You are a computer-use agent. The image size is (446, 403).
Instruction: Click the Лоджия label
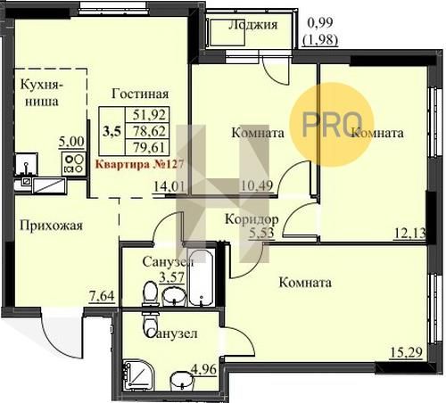[252, 26]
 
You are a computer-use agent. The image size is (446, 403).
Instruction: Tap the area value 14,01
[169, 187]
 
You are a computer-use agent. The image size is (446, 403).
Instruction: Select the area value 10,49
[257, 186]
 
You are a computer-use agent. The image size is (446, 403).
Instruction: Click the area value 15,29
[406, 353]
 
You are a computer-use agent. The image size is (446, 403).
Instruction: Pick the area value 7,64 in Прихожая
[102, 296]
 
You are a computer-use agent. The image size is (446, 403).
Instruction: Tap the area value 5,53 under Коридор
[261, 233]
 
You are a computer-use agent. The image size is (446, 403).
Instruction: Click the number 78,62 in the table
[149, 131]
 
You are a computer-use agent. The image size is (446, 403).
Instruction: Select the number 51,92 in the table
[149, 114]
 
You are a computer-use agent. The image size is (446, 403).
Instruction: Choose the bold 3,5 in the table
[111, 131]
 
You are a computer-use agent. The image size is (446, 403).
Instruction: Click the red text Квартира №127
[140, 164]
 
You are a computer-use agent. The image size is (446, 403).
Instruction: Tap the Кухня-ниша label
[42, 94]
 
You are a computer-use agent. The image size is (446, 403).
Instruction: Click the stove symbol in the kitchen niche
[74, 164]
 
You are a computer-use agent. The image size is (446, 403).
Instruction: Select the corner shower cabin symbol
[137, 375]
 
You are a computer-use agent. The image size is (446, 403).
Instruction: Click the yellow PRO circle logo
[331, 124]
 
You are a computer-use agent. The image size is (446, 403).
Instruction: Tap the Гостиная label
[140, 95]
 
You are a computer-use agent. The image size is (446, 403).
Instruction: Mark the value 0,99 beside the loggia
[320, 23]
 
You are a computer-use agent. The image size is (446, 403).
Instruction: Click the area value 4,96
[203, 370]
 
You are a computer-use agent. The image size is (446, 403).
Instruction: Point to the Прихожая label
[51, 226]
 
